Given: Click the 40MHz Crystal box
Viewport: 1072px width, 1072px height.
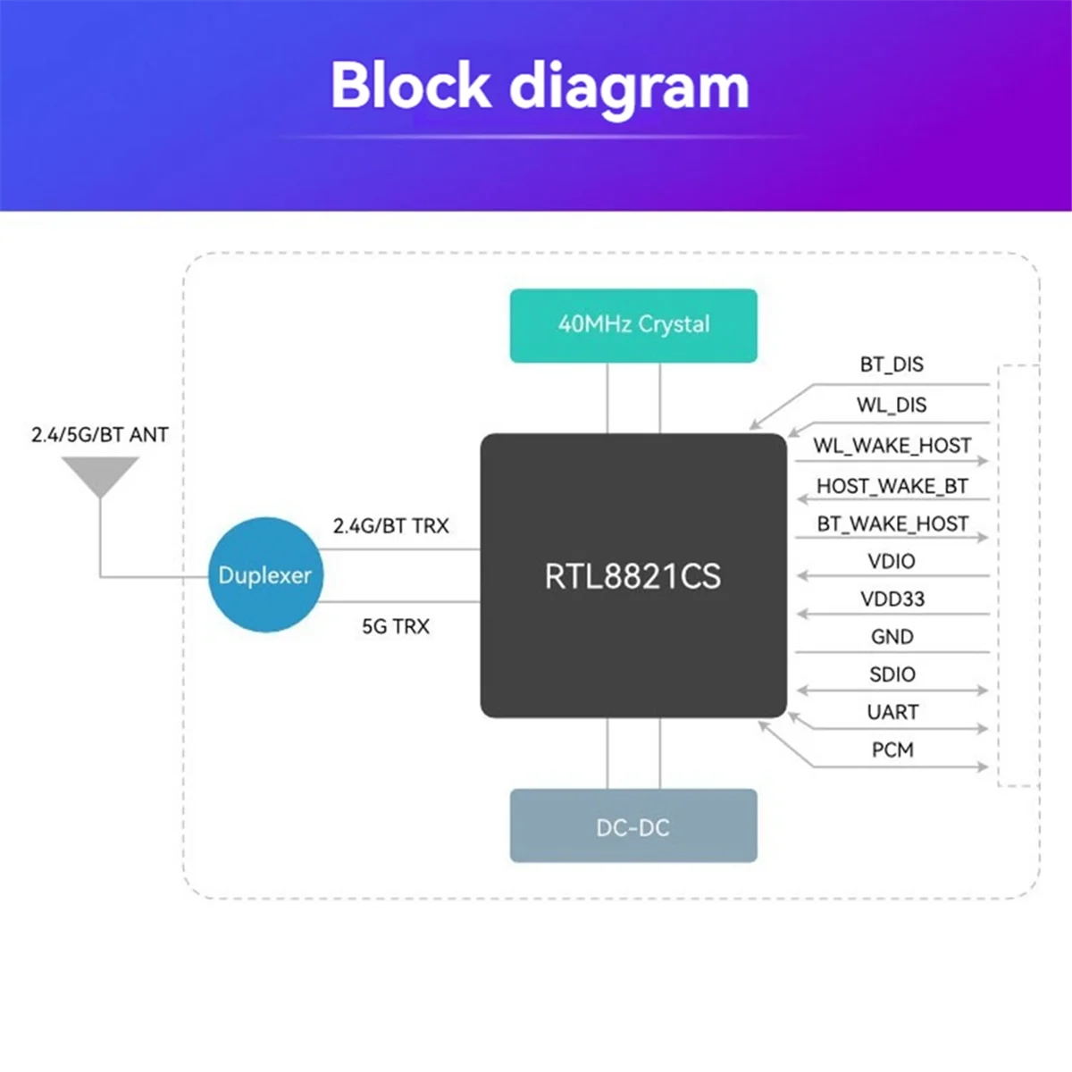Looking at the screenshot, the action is (x=633, y=325).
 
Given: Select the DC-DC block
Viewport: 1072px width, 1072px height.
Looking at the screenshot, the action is (x=633, y=825).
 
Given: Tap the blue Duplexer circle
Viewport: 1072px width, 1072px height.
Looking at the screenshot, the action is (x=265, y=574).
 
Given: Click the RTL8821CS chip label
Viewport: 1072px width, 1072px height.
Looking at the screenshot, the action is (x=632, y=576).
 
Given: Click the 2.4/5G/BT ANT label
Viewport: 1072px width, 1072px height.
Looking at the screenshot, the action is (x=100, y=434).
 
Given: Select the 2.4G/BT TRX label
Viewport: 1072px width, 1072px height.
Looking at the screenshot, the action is (x=390, y=525).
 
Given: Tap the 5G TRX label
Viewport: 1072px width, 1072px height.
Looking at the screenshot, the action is (x=396, y=626).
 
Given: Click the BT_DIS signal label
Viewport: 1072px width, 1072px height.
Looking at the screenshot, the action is (x=892, y=364).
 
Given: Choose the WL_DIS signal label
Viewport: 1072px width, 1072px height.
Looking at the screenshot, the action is (x=892, y=405).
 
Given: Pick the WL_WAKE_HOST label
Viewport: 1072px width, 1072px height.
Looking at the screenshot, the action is (x=892, y=446).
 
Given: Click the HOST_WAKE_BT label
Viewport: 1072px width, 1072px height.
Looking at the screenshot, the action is (x=892, y=486).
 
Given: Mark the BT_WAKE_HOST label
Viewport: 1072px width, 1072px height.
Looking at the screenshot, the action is (x=892, y=524).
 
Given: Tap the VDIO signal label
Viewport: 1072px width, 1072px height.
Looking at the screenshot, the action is (x=892, y=561).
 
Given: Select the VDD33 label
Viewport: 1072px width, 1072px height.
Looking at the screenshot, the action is (x=892, y=599).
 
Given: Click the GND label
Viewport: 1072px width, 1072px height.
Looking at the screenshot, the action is (x=892, y=637).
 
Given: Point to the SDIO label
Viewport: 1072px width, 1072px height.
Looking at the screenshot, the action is (x=892, y=674).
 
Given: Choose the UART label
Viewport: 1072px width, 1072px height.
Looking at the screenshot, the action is (x=892, y=712).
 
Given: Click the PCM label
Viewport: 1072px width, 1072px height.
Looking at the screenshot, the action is (x=892, y=750).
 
